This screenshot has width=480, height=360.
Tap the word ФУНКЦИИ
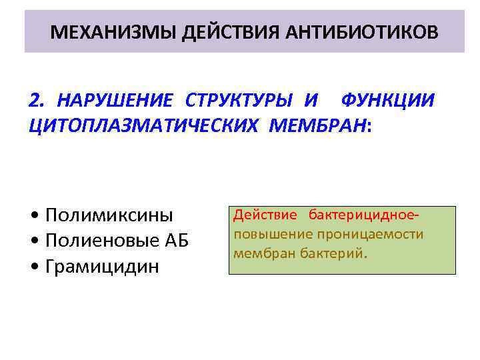point(387,100)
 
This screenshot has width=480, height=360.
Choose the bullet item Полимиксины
point(109,215)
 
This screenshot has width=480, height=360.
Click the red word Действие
point(264,217)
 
